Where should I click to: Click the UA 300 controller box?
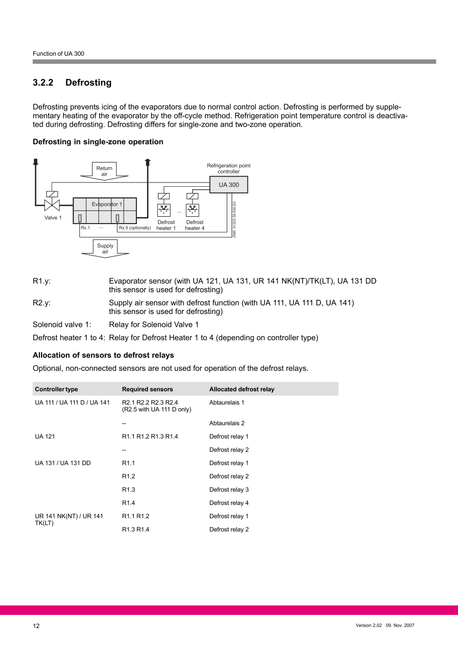click(228, 185)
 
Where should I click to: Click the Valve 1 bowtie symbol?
click(52, 205)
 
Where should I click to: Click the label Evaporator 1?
click(107, 204)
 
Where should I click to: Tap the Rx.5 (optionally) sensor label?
click(135, 228)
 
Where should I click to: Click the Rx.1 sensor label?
click(85, 228)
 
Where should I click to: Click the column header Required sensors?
click(147, 389)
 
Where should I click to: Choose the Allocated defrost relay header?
click(242, 389)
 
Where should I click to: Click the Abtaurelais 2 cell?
click(227, 423)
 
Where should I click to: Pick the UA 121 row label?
click(45, 437)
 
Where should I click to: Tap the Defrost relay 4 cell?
click(229, 503)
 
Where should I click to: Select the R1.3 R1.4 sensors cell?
click(135, 529)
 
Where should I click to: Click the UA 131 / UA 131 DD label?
click(63, 463)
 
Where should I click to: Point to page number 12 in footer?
click(36, 626)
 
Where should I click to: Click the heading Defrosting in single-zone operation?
click(98, 142)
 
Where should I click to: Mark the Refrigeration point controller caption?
click(228, 168)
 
